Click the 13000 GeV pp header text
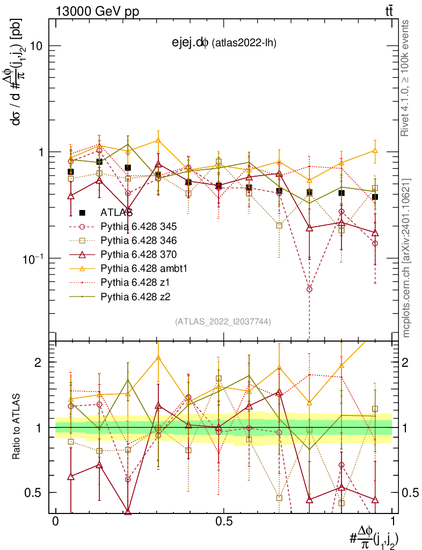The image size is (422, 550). pos(97,12)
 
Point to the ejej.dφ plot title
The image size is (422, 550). pos(221,43)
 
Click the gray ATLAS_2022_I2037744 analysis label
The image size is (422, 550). pos(223,322)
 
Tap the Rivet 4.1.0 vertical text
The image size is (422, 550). pos(406,78)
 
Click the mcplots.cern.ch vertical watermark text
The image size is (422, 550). pos(406,258)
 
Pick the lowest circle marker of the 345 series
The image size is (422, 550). pos(309,289)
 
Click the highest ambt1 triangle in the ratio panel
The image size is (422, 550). pos(157,358)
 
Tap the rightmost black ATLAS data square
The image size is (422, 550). pos(375,197)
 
